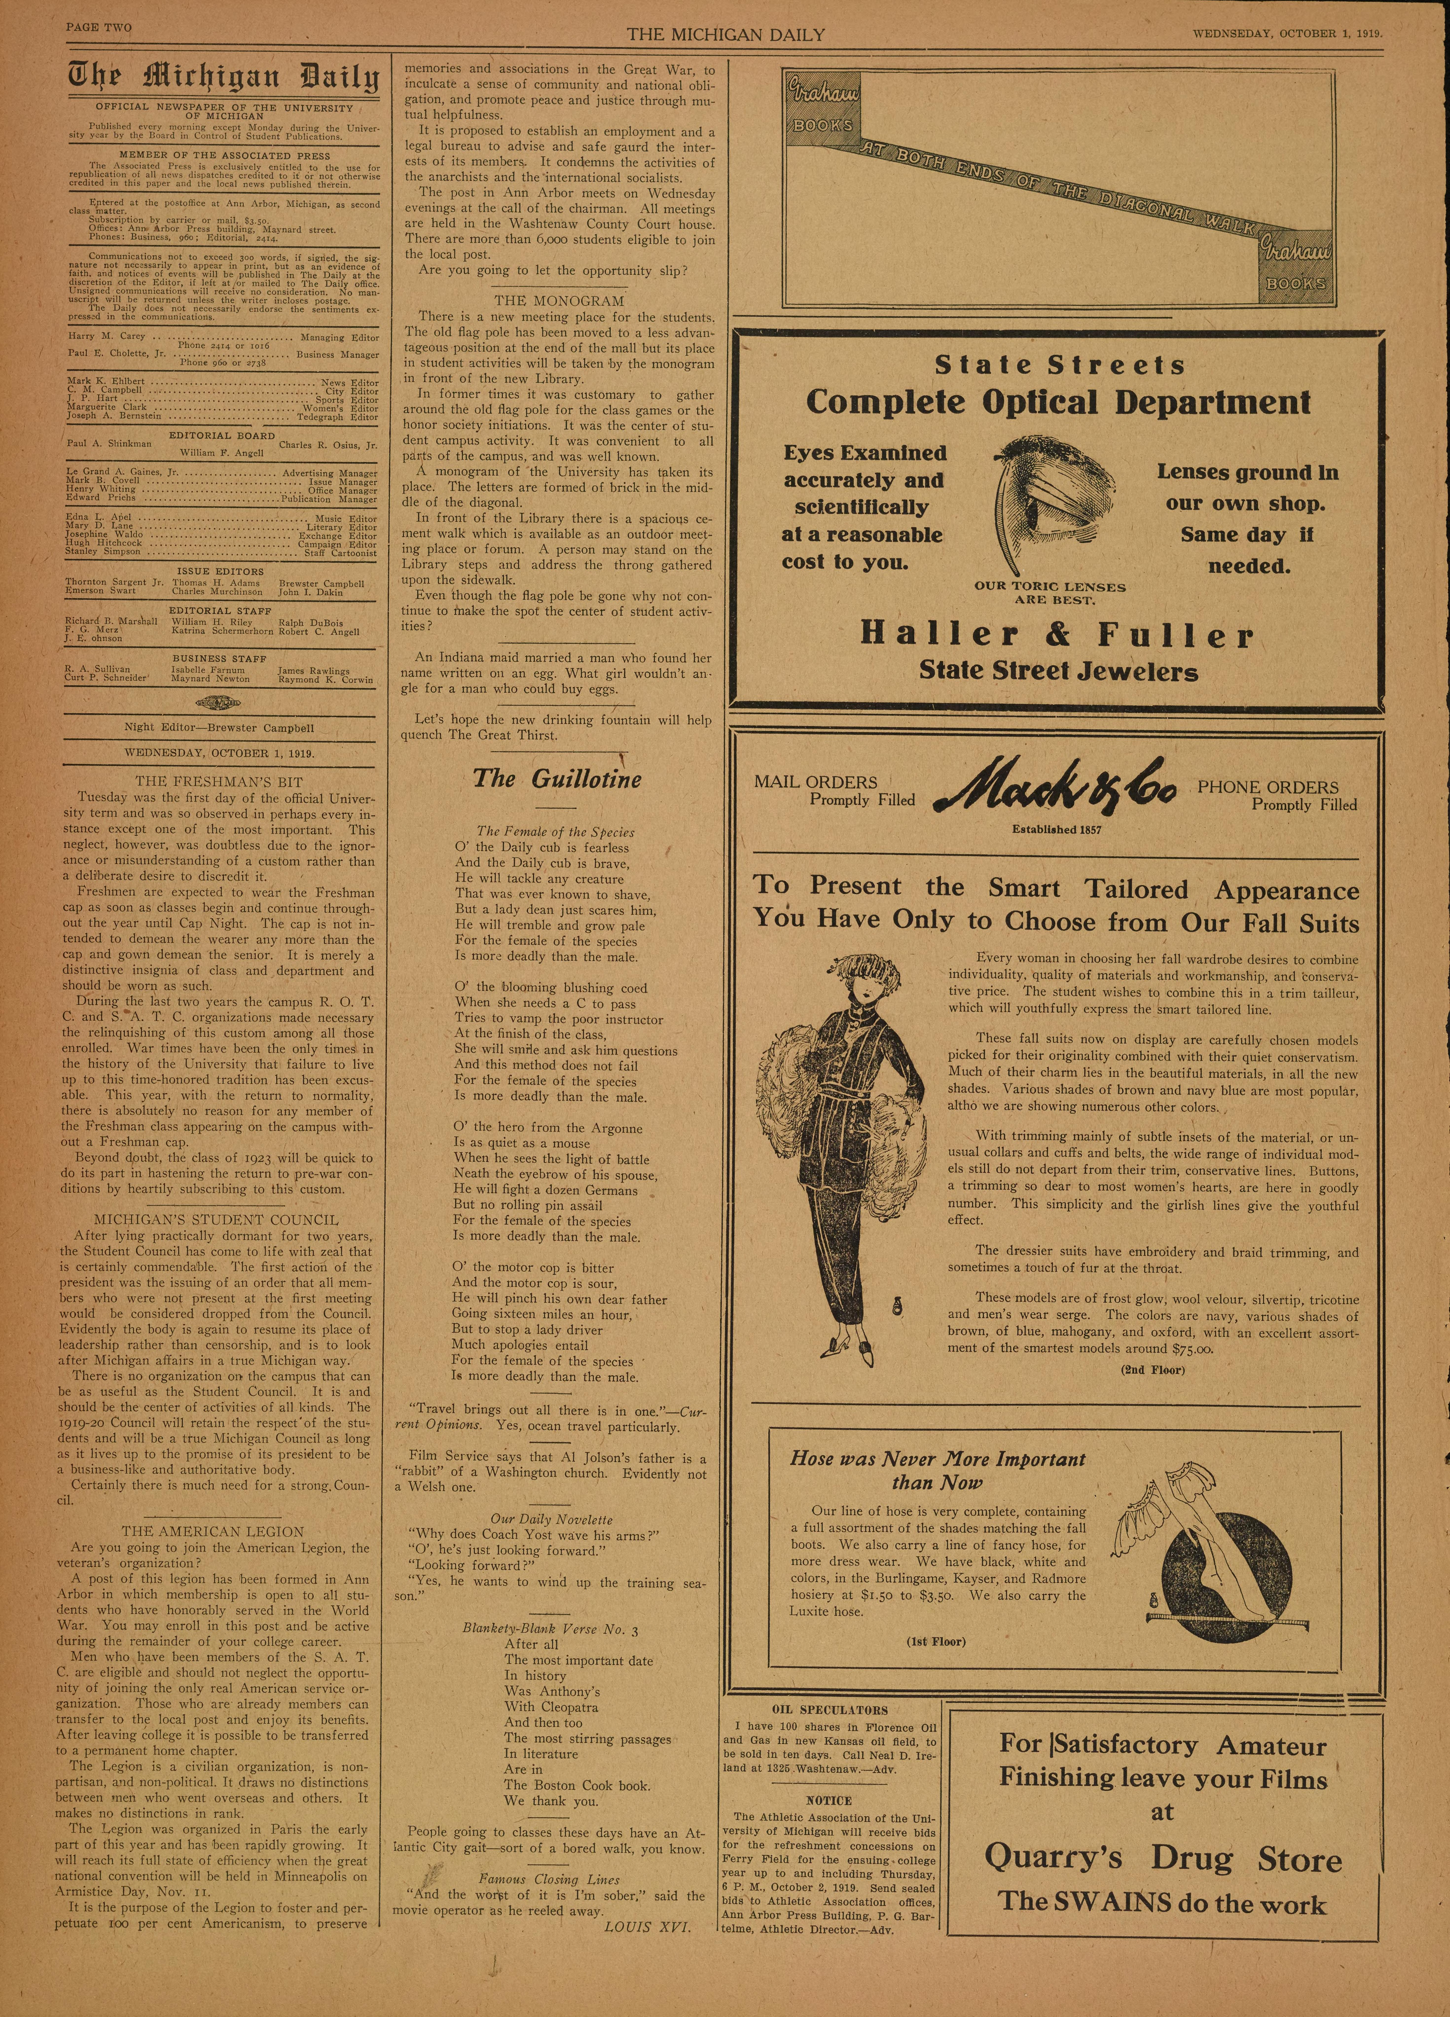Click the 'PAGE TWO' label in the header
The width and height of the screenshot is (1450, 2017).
[x=99, y=28]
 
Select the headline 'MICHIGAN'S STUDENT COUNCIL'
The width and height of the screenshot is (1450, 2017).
[x=216, y=1220]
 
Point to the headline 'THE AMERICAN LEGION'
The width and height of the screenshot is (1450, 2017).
[x=213, y=1531]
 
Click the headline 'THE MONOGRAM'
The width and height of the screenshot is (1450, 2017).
[x=560, y=301]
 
